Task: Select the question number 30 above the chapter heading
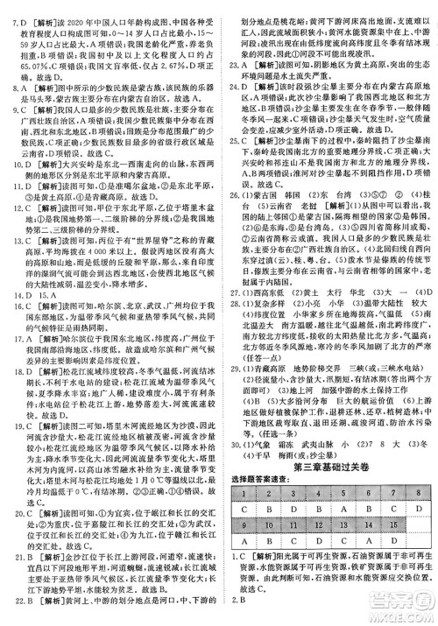coord(231,430)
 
